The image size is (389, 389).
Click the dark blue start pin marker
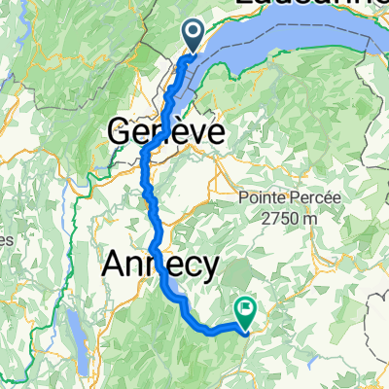click(193, 37)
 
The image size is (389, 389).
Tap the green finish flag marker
click(244, 312)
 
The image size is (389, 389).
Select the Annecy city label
click(163, 265)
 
